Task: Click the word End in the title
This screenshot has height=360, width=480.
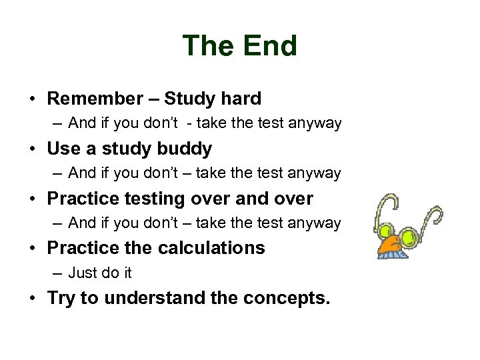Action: pos(269,46)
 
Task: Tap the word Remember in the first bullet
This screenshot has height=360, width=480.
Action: pos(94,99)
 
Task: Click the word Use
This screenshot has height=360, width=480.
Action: pos(63,149)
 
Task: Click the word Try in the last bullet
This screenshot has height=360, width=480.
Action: pos(61,298)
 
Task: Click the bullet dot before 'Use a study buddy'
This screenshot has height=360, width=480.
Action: pos(33,149)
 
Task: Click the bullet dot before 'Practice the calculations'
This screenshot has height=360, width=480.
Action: pos(33,249)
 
